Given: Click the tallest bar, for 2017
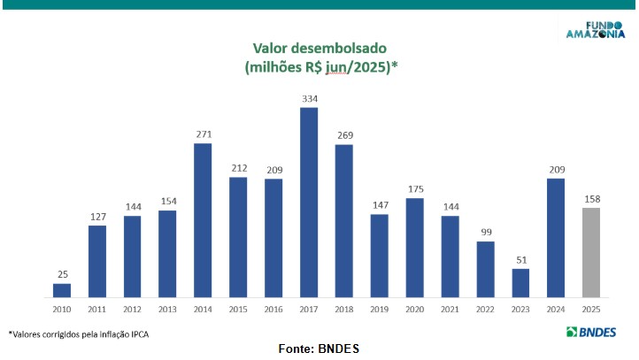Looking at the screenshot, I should click(309, 202).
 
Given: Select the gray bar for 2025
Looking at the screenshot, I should click(591, 252).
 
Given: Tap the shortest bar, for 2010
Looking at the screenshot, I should click(62, 289).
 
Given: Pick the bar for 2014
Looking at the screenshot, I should click(203, 219).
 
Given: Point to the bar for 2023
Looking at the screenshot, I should click(520, 282).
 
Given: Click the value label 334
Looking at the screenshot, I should click(309, 99).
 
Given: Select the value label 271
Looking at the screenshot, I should click(203, 134).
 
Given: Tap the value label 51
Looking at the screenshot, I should click(520, 260).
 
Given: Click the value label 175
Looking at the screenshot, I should click(414, 189).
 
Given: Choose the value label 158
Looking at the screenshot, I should click(591, 199).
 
